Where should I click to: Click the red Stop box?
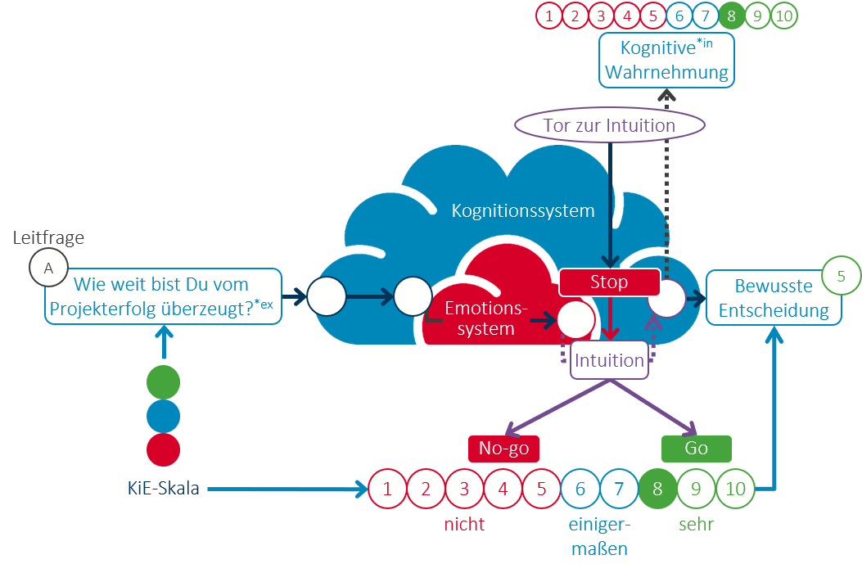(609, 282)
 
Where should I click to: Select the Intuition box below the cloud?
(609, 360)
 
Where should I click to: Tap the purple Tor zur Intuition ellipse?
(609, 125)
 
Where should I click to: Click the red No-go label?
(503, 449)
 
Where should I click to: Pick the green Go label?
(696, 449)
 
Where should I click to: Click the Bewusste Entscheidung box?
(773, 298)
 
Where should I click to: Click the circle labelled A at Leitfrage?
(48, 268)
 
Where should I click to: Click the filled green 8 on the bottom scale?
(657, 490)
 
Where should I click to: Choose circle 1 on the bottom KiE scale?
(387, 490)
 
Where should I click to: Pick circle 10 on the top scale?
(783, 16)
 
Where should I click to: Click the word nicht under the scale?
(464, 525)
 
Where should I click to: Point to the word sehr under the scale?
(696, 525)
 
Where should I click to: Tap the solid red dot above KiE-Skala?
(163, 450)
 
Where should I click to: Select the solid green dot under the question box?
(163, 382)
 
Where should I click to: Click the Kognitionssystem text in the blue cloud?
(523, 210)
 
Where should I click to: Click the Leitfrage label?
(49, 238)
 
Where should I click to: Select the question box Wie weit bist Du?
(164, 297)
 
